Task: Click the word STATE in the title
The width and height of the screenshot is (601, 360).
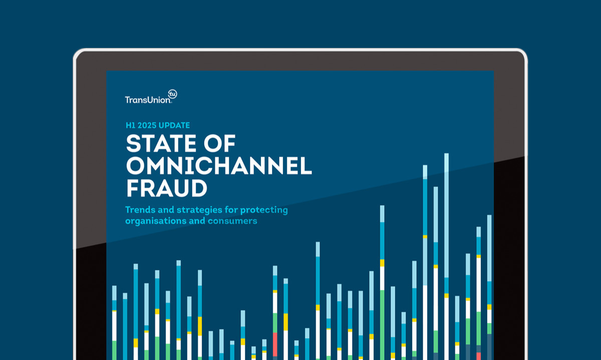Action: [161, 144]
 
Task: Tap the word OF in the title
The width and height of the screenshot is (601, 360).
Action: [219, 144]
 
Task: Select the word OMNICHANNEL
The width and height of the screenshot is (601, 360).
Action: [219, 166]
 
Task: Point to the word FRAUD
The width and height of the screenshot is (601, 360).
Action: [167, 188]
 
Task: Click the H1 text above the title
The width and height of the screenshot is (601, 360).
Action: [130, 125]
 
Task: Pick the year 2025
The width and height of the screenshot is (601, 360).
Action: [147, 125]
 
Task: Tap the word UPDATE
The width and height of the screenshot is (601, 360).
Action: [174, 125]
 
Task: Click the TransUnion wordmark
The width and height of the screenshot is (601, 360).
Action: [148, 100]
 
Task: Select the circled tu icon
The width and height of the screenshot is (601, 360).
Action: [172, 94]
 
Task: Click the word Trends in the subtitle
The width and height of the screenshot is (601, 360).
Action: [140, 209]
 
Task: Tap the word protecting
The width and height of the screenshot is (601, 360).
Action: [264, 210]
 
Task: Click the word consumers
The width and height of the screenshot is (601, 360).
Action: [232, 221]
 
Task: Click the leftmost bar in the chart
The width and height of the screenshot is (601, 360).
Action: [114, 323]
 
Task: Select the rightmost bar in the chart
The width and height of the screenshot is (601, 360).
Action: [489, 287]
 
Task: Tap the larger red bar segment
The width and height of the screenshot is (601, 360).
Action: [275, 344]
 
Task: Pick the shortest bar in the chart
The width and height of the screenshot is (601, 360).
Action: [253, 353]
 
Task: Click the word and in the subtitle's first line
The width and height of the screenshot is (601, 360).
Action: [166, 209]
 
